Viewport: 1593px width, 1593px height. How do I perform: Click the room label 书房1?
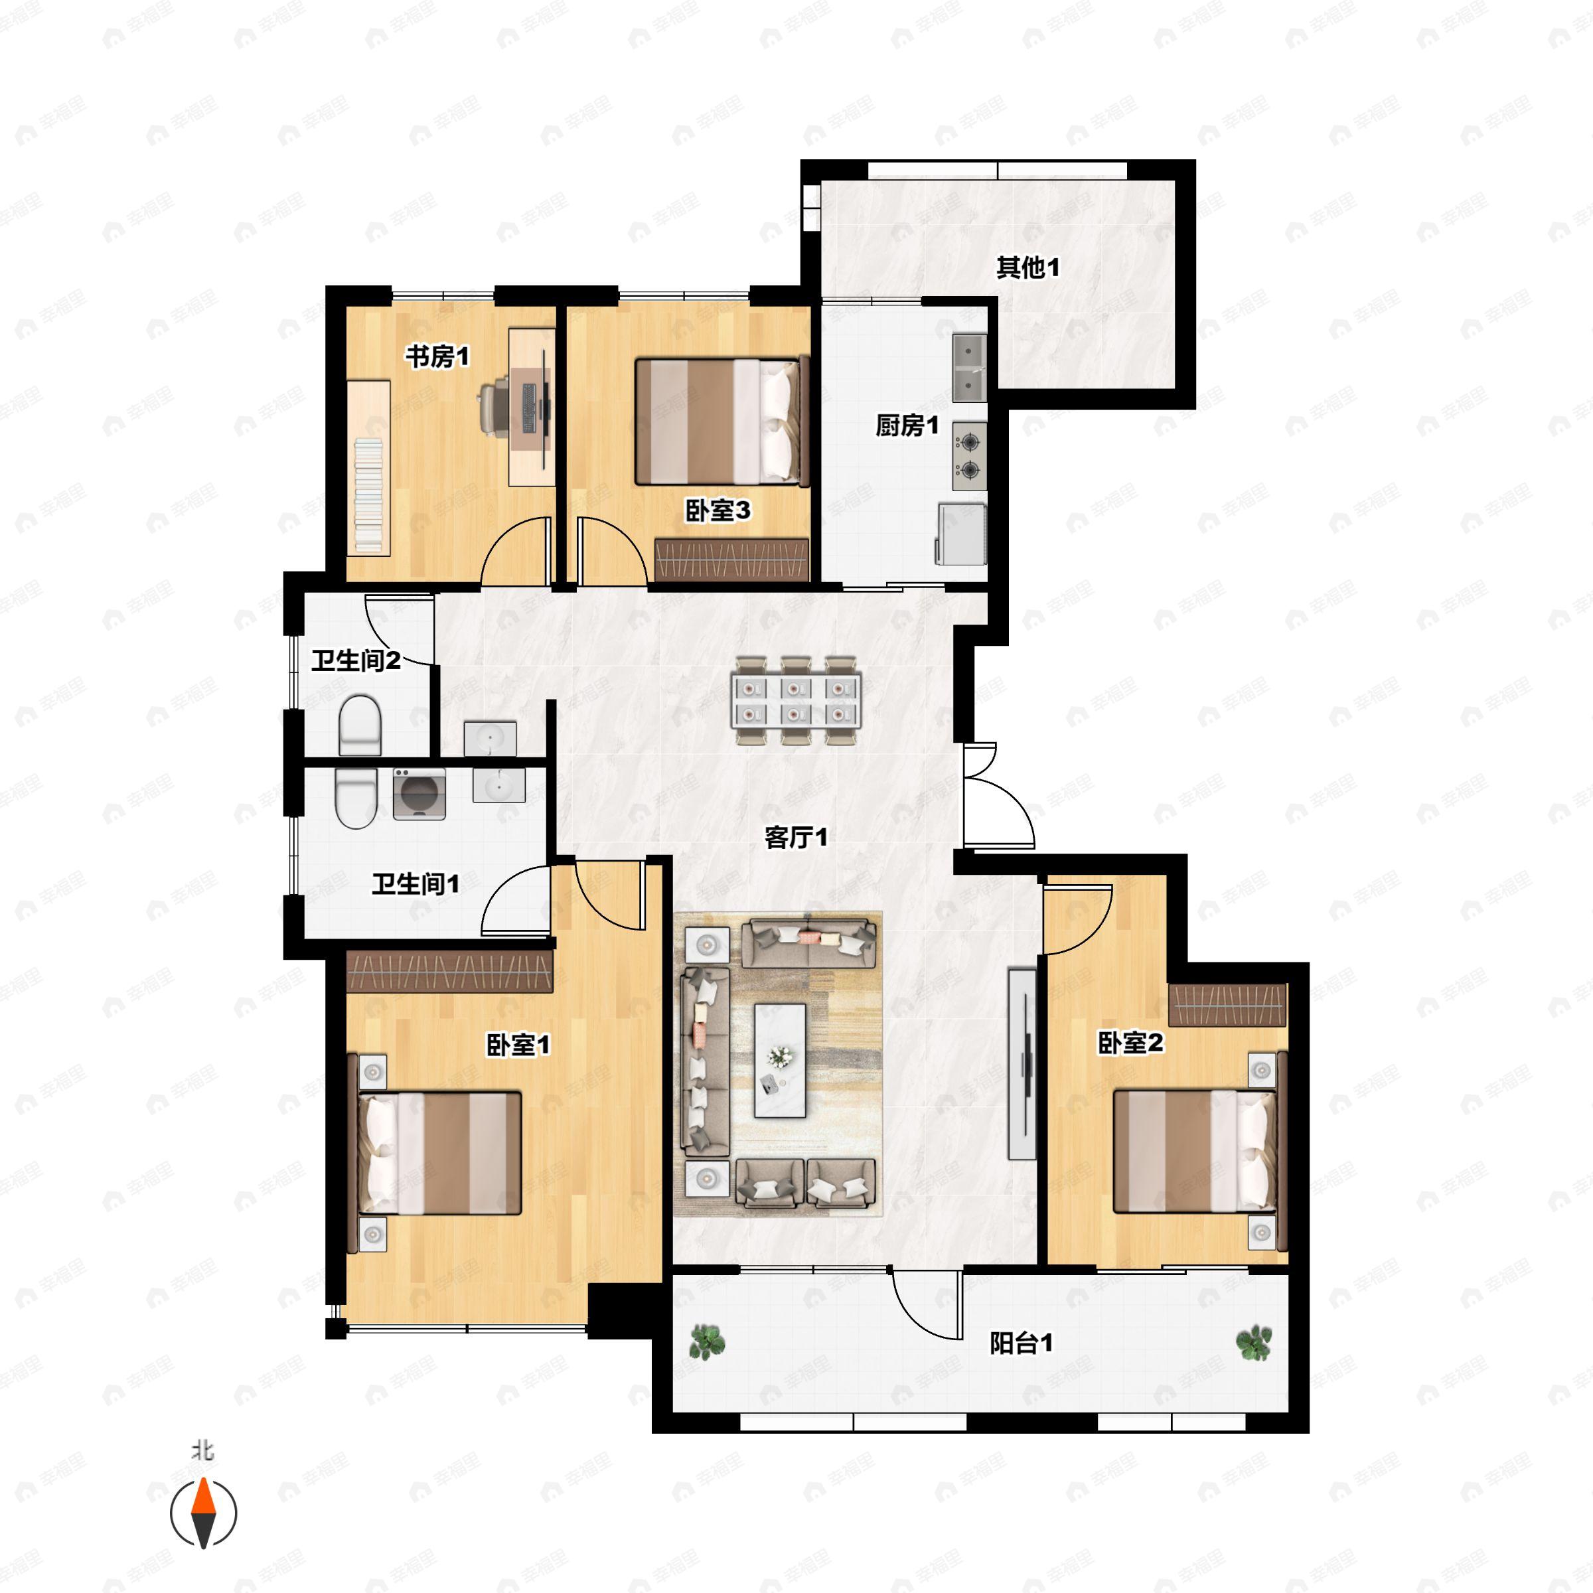pyautogui.click(x=437, y=357)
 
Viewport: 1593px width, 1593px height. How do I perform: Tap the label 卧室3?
pyautogui.click(x=718, y=510)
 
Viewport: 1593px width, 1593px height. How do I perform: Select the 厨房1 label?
pyautogui.click(x=907, y=425)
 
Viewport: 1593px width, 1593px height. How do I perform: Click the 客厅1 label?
pyautogui.click(x=796, y=838)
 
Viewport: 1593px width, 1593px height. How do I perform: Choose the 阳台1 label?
pyautogui.click(x=1021, y=1344)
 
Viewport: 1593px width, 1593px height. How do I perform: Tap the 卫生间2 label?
pyautogui.click(x=355, y=660)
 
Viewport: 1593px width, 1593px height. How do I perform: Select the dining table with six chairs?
pyautogui.click(x=796, y=700)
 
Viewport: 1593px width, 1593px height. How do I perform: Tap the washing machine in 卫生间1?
pyautogui.click(x=419, y=794)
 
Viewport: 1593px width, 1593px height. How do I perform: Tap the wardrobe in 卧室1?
pyautogui.click(x=449, y=971)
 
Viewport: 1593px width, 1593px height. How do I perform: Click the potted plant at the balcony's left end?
pyautogui.click(x=706, y=1341)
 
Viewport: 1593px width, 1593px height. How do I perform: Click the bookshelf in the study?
pyautogui.click(x=368, y=467)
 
